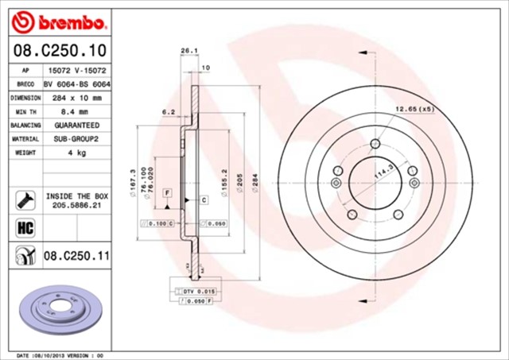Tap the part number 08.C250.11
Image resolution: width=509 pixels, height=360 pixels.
[76, 256]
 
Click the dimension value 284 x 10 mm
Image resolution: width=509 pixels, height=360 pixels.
[77, 98]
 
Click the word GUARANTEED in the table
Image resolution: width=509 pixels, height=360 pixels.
[77, 125]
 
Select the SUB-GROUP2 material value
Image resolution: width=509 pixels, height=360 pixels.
[77, 138]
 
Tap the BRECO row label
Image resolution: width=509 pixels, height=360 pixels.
[25, 84]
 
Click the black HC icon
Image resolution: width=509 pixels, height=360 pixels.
[25, 228]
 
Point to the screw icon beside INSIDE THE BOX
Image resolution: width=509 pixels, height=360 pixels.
[24, 199]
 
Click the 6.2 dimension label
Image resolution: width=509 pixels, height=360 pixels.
[168, 112]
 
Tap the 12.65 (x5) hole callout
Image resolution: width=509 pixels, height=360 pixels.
[414, 107]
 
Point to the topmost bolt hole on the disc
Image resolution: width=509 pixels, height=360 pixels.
[374, 143]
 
